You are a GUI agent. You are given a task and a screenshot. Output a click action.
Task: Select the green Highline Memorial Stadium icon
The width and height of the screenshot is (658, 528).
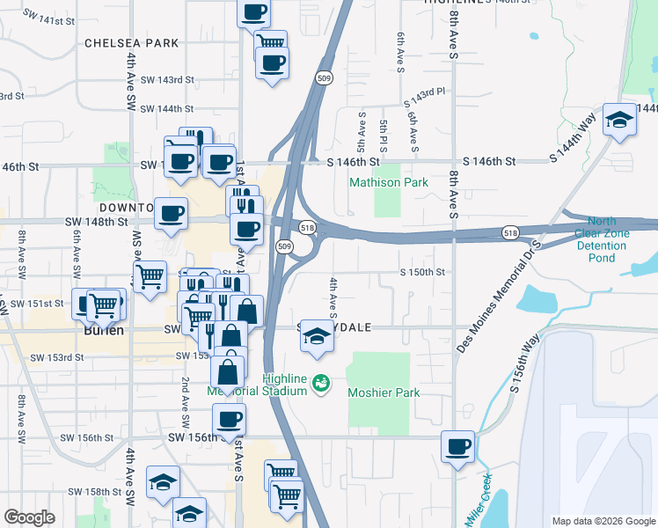click(321, 384)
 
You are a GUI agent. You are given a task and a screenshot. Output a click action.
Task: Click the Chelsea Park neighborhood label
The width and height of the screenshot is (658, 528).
click(131, 43)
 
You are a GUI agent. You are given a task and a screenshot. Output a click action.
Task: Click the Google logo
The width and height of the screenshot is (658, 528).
click(29, 517)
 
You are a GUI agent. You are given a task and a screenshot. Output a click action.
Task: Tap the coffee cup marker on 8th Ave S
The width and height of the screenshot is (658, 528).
click(457, 447)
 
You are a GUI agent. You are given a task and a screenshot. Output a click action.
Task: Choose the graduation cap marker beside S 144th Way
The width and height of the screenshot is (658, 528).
click(619, 121)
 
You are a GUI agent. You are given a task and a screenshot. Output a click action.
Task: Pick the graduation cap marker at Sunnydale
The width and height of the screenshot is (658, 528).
click(317, 336)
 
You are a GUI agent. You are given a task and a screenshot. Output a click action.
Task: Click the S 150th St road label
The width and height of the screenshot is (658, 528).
click(422, 273)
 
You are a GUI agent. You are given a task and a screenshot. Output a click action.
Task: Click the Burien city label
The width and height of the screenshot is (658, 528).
click(103, 332)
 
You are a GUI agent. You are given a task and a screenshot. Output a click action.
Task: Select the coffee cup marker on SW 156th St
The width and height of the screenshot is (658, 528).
click(229, 420)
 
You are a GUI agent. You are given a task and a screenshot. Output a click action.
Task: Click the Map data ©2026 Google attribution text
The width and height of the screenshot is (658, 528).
click(603, 521)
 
